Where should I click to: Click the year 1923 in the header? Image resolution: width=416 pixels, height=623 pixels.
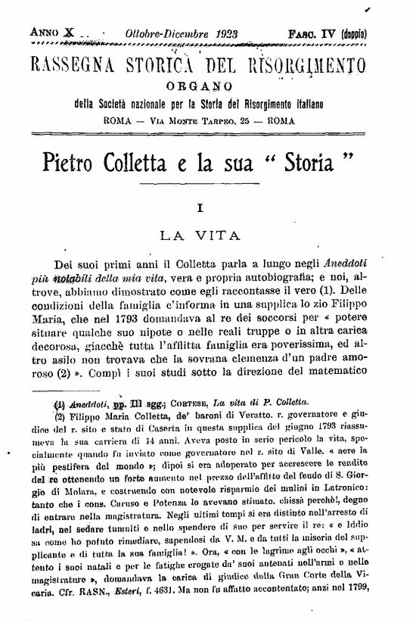pyautogui.click(x=206, y=34)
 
